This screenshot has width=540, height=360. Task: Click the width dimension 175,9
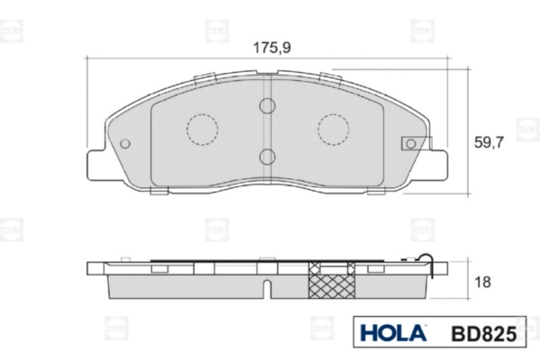[268, 48]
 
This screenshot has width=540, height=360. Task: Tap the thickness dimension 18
[482, 282]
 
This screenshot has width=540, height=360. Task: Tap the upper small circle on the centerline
[267, 107]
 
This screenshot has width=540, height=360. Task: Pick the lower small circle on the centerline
[267, 157]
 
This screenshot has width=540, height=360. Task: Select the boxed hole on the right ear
[410, 143]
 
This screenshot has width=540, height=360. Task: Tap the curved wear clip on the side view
[433, 266]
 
